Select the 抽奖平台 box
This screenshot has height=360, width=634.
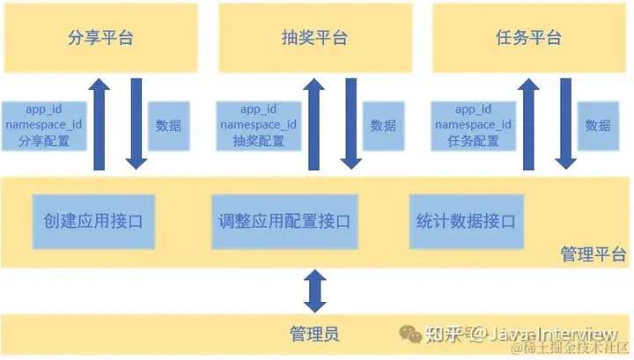click(x=314, y=38)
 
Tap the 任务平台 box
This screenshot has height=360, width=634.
click(x=528, y=38)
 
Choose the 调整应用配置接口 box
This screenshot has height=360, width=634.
click(x=283, y=221)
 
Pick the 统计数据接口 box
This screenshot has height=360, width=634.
click(x=464, y=221)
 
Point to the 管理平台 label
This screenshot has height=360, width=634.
click(x=593, y=254)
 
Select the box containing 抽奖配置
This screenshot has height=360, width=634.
click(x=258, y=125)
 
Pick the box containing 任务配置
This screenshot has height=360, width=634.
click(x=473, y=125)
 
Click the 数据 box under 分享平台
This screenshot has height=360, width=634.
click(x=168, y=125)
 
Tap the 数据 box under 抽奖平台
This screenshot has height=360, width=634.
click(x=383, y=125)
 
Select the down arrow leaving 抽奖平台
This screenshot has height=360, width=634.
click(x=350, y=123)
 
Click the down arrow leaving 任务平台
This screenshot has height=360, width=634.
click(x=564, y=123)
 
